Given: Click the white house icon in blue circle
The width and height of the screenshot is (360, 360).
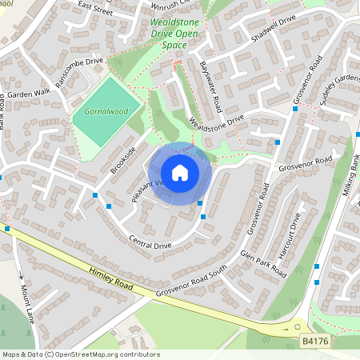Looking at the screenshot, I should tap(180, 173).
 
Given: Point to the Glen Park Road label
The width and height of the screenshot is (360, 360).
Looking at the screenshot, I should tap(263, 262).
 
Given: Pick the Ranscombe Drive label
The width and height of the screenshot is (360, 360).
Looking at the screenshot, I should tap(79, 72).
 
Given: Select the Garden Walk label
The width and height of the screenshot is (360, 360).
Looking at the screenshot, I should tap(30, 94).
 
